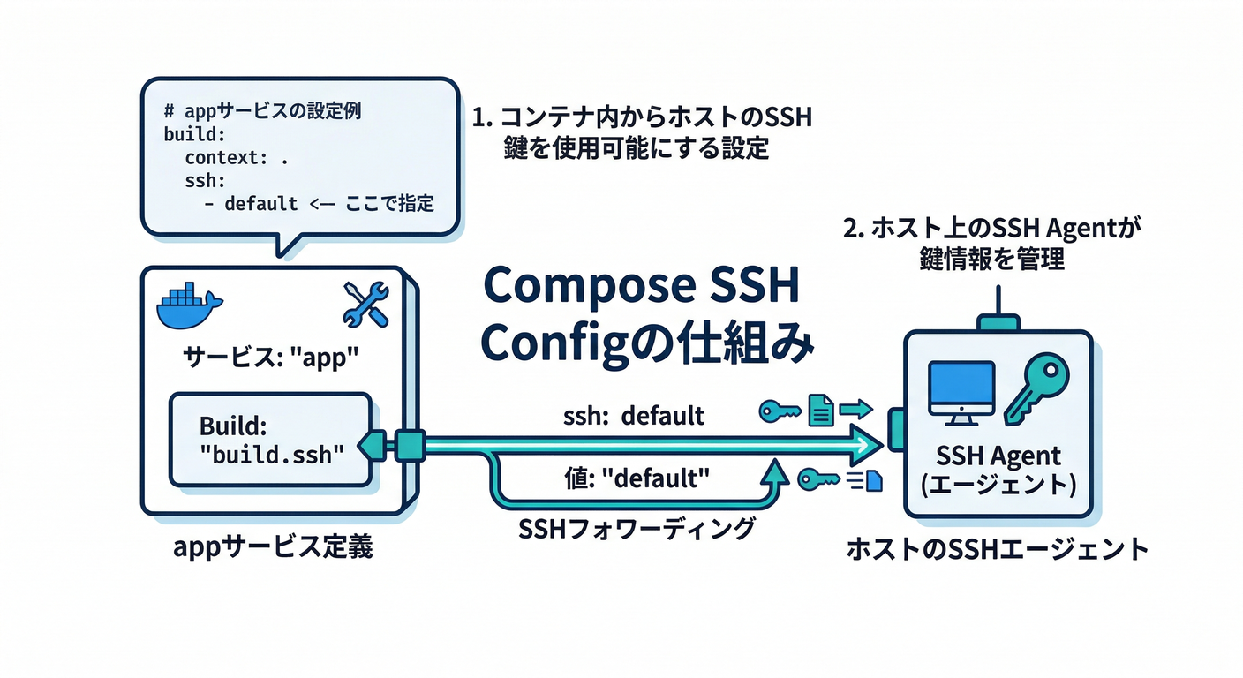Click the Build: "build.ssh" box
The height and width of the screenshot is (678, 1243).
click(x=269, y=439)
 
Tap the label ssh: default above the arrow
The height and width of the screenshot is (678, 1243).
click(x=634, y=414)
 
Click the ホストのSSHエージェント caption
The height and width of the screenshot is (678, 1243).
click(x=997, y=549)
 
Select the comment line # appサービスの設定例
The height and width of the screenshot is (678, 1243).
click(x=262, y=112)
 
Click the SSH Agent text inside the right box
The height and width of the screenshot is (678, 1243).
click(x=997, y=457)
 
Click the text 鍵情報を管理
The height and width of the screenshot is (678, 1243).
click(x=991, y=260)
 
